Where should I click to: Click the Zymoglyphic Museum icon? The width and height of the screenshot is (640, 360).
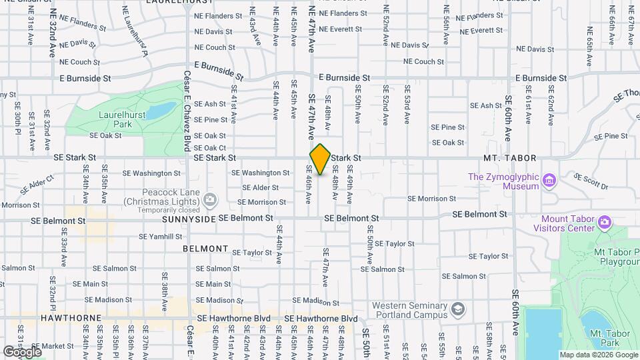point(549,181)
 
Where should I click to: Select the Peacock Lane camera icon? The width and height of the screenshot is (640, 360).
point(210,199)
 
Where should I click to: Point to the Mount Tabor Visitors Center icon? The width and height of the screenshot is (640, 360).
point(604,221)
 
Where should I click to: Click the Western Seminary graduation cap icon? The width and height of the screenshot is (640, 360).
point(457,309)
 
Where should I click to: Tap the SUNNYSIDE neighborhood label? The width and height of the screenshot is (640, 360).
point(189,219)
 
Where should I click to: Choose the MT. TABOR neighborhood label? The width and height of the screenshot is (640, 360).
point(510,158)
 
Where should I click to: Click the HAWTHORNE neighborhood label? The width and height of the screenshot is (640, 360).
point(70,319)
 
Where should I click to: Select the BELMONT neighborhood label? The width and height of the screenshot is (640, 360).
point(206,249)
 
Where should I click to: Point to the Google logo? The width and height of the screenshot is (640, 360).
point(22,351)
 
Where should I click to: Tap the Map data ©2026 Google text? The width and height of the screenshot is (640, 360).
point(597,355)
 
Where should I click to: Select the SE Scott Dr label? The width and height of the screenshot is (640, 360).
point(590,180)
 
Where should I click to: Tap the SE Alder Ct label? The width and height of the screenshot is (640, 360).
point(37,183)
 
